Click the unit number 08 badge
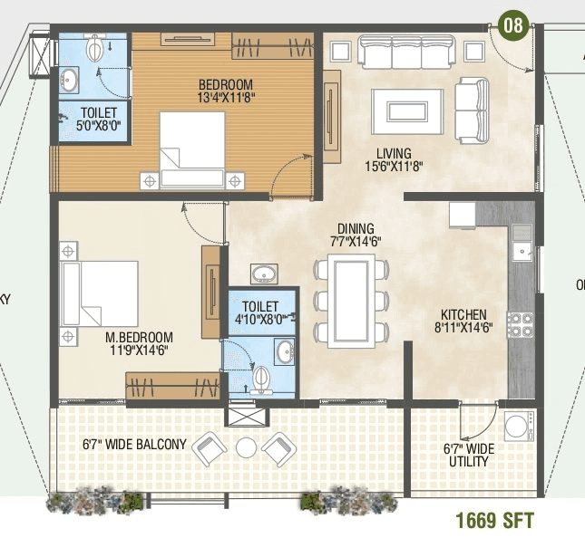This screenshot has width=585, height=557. (513, 24)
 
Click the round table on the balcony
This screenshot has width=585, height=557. (247, 447)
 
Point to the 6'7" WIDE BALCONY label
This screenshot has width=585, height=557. (133, 444)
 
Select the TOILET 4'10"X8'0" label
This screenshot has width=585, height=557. (261, 312)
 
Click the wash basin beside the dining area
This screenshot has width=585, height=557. (263, 274)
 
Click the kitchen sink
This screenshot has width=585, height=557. (522, 242)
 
